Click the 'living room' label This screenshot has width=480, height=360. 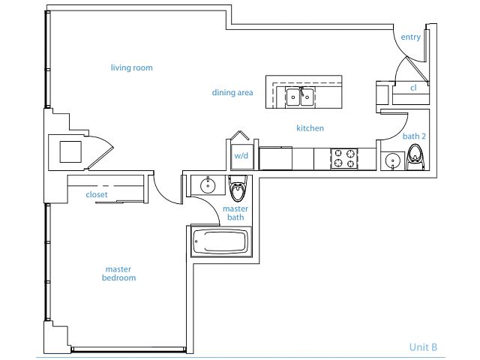tap(131, 68)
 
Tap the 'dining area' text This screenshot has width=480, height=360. tap(232, 93)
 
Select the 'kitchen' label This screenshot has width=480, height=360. tap(310, 128)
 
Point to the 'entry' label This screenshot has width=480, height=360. tap(410, 37)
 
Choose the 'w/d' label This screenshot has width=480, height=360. tap(241, 157)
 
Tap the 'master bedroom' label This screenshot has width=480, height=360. tap(120, 273)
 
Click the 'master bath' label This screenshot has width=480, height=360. tap(237, 212)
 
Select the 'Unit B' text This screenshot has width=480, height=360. tap(423, 346)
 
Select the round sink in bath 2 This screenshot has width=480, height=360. tap(391, 160)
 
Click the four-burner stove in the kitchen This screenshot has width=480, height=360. tap(345, 158)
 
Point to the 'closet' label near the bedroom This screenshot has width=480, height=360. tap(97, 194)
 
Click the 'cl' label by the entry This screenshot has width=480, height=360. tap(413, 88)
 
